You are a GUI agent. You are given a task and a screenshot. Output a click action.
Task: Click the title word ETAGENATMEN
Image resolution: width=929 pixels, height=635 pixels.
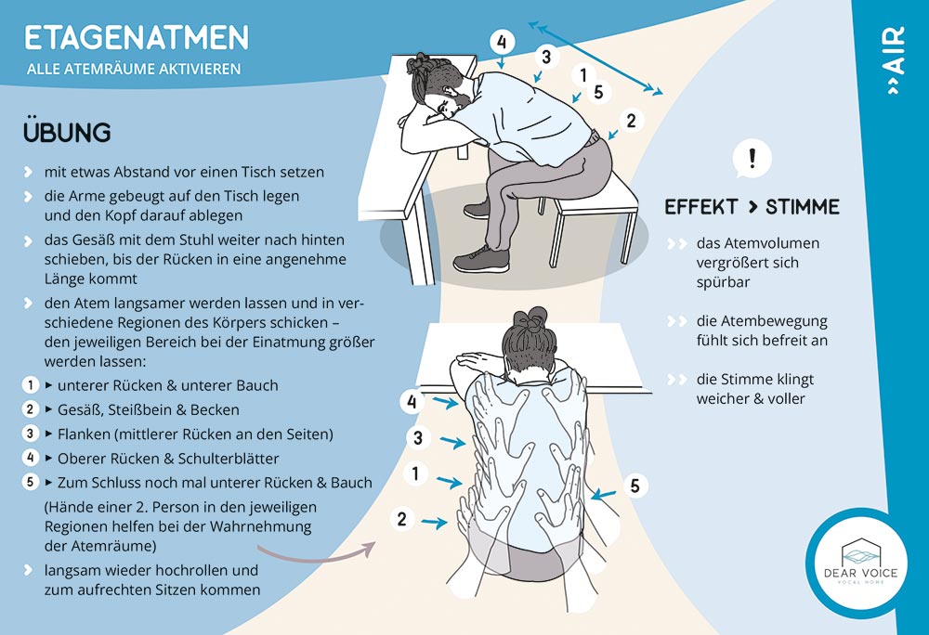(137, 38)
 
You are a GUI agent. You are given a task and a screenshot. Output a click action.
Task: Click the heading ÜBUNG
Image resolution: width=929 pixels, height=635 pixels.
(67, 131)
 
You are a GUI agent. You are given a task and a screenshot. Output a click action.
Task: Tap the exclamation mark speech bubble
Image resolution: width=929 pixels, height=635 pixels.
(752, 159)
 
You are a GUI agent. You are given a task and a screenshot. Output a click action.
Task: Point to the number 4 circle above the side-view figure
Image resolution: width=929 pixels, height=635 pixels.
(502, 42)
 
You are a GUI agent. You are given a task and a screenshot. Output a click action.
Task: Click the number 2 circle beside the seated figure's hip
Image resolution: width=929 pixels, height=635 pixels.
(631, 121)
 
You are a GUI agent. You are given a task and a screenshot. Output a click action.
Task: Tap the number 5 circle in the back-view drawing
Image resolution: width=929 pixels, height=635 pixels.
(635, 486)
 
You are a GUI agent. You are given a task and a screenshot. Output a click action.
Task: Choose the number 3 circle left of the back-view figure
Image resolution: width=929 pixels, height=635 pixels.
(418, 438)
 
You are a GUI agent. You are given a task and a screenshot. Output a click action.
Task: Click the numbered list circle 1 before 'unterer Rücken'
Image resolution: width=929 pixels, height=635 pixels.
(31, 385)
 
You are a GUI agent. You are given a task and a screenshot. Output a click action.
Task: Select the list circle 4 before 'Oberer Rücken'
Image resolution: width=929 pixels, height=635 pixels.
(31, 458)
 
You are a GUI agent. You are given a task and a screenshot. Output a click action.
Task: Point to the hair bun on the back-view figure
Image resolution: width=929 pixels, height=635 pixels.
(530, 320)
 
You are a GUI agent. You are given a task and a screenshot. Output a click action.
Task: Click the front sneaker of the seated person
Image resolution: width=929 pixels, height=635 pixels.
(481, 258)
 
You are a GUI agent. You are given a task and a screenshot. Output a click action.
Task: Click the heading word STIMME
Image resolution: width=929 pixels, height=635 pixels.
(803, 207)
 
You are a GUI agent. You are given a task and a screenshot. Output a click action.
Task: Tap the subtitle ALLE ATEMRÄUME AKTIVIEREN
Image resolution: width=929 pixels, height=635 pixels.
(134, 69)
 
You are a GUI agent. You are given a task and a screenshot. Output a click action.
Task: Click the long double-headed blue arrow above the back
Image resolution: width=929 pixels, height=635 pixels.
(595, 58)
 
